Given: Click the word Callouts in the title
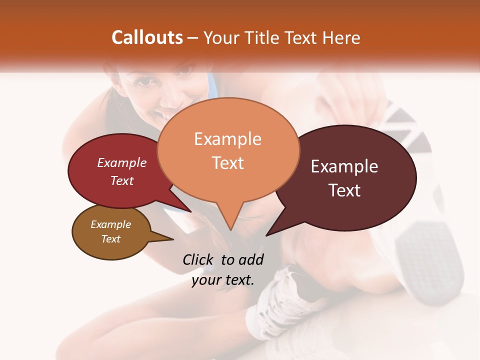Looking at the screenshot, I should [147, 37].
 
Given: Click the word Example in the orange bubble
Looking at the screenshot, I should [227, 139].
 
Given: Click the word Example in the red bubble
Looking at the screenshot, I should [121, 163].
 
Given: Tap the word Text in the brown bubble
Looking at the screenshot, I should [110, 239].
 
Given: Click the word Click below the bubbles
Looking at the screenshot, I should [198, 260].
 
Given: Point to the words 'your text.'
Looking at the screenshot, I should [222, 280].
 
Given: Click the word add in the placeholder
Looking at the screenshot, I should [251, 260].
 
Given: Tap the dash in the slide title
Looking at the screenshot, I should [193, 38].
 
